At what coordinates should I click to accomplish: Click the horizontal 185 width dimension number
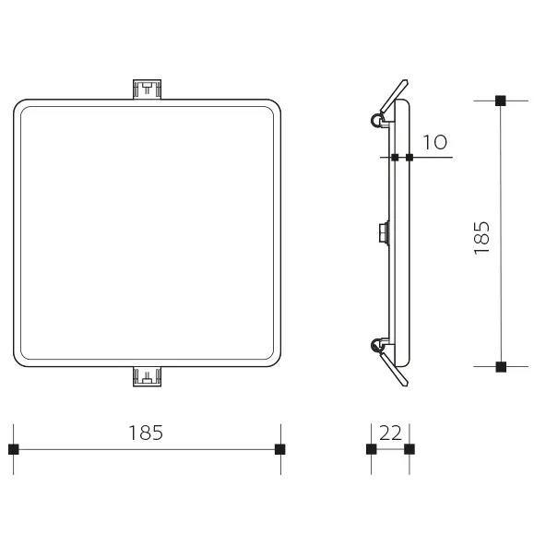click(147, 433)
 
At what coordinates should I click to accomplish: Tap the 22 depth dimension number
click(390, 433)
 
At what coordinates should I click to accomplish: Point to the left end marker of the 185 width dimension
click(14, 449)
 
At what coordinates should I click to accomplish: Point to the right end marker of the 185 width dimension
click(280, 449)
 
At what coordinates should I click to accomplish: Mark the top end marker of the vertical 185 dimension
click(501, 101)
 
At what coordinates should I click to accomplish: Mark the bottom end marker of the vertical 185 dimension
click(501, 367)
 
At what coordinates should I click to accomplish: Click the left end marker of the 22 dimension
click(371, 449)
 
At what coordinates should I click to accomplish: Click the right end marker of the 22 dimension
click(409, 449)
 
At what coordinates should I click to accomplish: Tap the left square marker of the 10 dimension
click(395, 158)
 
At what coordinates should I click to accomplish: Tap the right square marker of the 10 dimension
click(409, 158)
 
